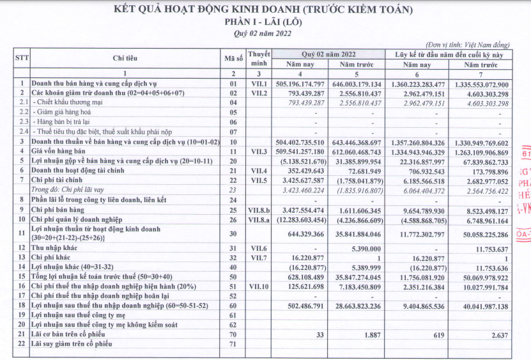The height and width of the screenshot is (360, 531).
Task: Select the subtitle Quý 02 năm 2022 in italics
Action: click(262, 33)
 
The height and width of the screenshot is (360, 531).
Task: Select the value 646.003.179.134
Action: click(355, 84)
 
